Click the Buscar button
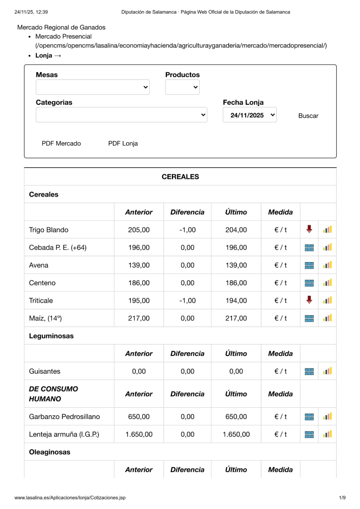click(308, 116)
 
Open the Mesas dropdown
click(93, 87)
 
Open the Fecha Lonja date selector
click(250, 115)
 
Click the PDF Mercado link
click(61, 144)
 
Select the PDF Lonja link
click(123, 144)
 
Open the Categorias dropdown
click(122, 115)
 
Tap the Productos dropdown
click(182, 87)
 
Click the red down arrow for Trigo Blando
click(309, 229)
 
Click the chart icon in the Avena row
click(327, 265)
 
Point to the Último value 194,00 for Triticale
click(236, 301)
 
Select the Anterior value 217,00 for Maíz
click(139, 319)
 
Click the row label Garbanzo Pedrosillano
click(65, 417)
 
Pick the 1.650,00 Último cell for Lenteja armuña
click(236, 434)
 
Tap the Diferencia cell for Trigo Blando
click(187, 230)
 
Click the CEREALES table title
click(180, 177)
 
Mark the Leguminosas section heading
click(51, 336)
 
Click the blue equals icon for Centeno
click(309, 283)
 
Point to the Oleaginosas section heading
click(50, 452)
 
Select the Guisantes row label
click(45, 371)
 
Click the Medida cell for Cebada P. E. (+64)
click(280, 248)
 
